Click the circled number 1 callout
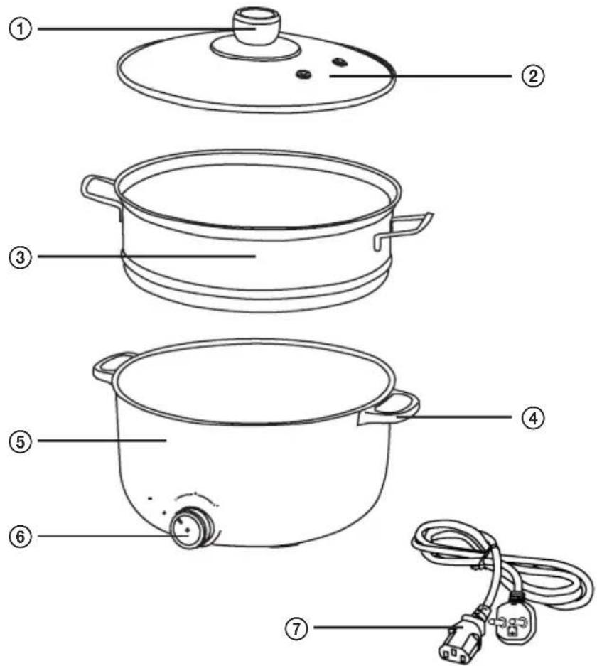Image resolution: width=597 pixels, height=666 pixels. tap(21, 29)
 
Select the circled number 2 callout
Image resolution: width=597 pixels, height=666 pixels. tap(532, 76)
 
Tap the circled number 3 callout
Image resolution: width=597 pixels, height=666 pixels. tap(21, 257)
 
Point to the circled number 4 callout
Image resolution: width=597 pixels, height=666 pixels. tap(532, 417)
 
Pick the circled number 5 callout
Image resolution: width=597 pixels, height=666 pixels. tap(21, 441)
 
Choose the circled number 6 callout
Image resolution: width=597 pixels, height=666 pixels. tap(21, 536)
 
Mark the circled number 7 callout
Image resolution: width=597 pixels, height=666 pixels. tap(296, 627)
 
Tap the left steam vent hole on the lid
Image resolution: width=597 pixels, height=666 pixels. tap(303, 75)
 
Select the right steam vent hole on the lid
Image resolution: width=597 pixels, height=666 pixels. tap(340, 63)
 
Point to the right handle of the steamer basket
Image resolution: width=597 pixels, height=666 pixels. tap(404, 230)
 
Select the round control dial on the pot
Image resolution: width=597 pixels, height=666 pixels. tap(190, 528)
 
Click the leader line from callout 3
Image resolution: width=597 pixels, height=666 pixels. tap(146, 256)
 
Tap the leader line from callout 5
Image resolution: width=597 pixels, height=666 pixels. tap(102, 441)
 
